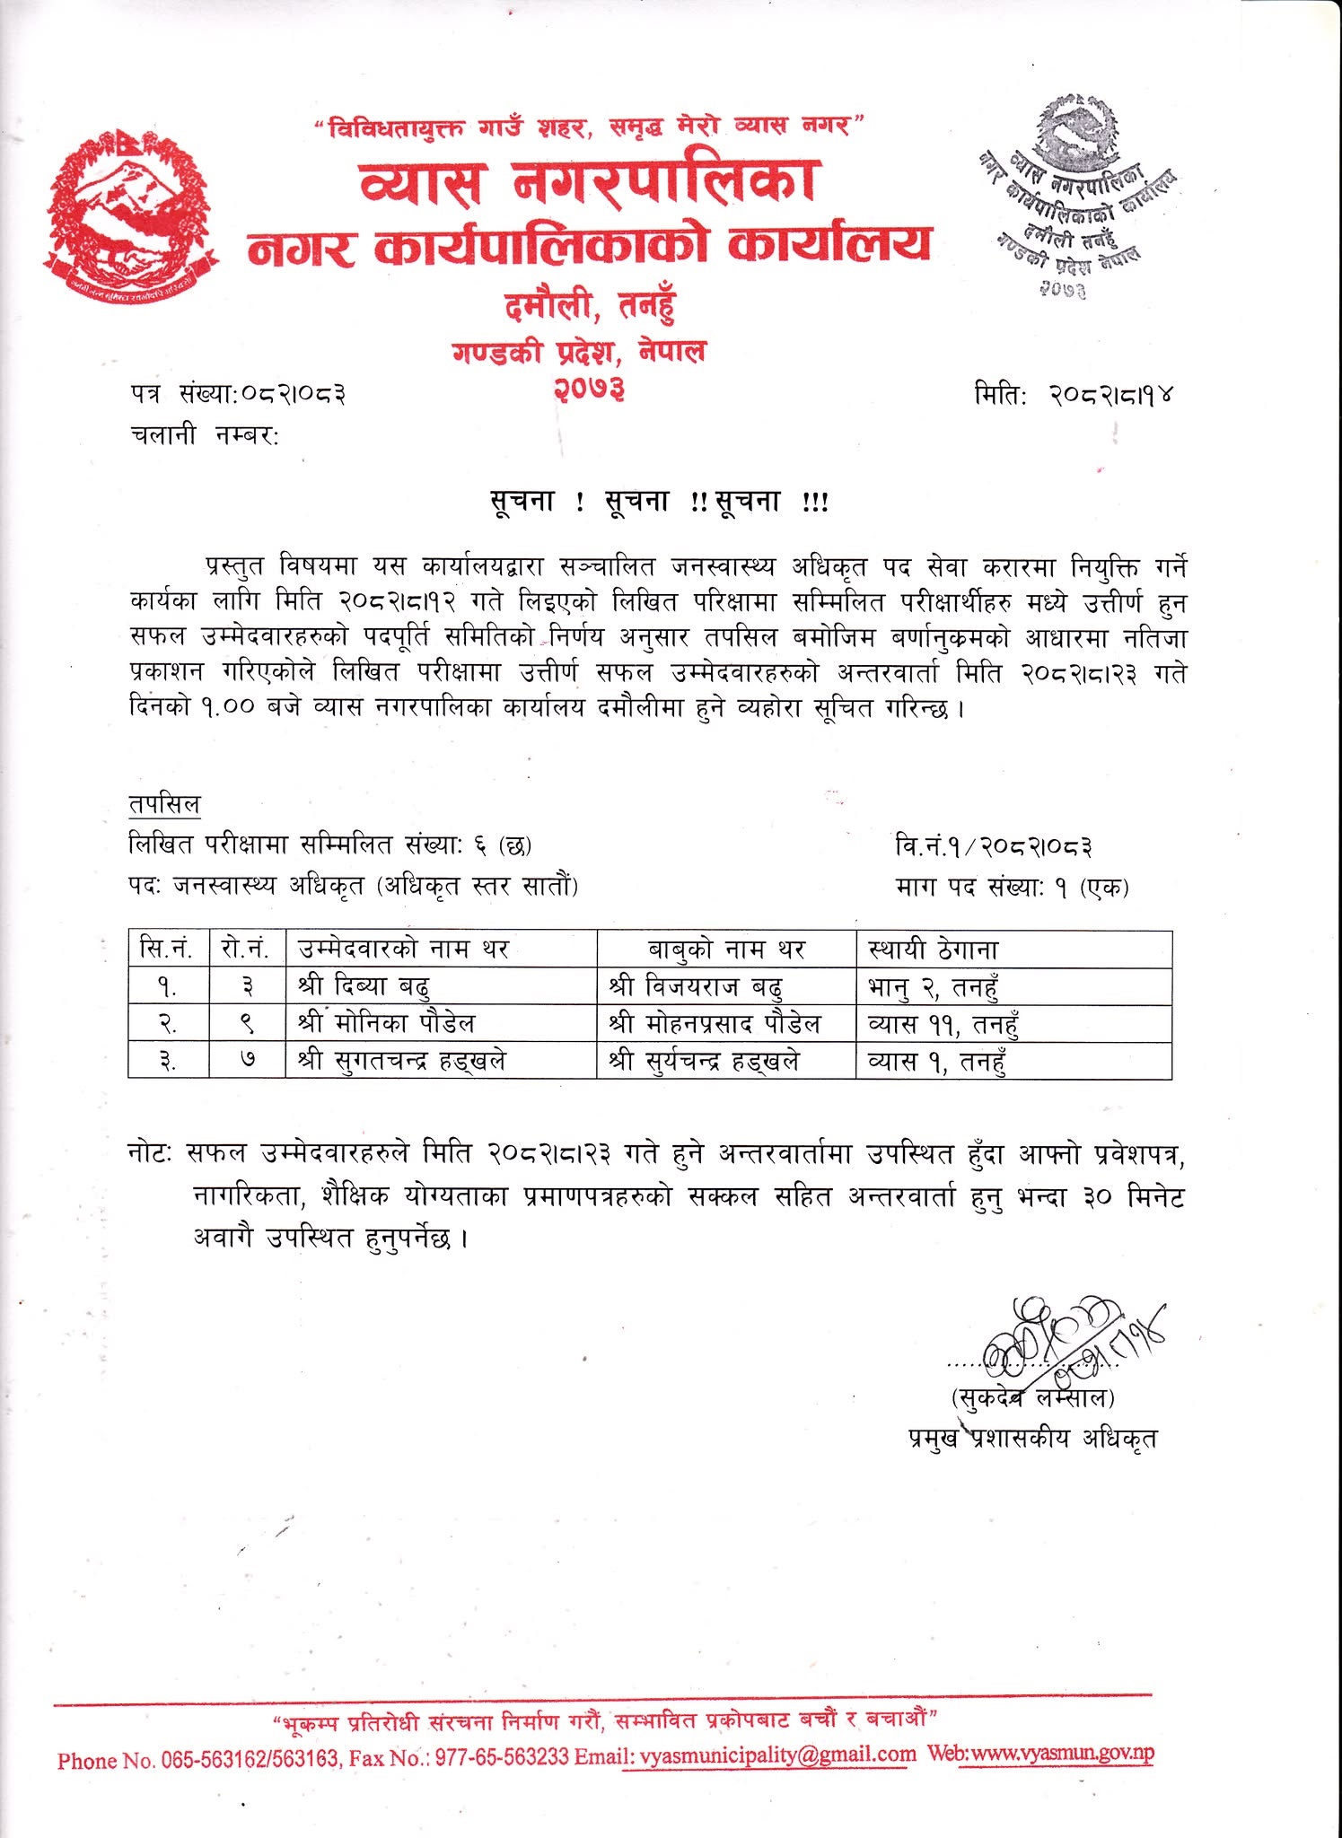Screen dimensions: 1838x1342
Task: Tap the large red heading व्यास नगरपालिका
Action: tap(587, 179)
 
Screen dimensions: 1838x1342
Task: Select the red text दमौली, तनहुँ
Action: tap(588, 307)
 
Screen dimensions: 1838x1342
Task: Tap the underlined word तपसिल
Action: tap(164, 803)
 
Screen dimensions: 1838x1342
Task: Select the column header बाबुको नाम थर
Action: tap(726, 949)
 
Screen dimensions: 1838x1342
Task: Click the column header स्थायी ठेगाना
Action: tap(934, 949)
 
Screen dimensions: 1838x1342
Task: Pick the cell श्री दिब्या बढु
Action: tap(364, 986)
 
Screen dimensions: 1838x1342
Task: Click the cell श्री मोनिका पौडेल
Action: tap(387, 1023)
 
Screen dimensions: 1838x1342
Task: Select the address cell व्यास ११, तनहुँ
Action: tap(943, 1023)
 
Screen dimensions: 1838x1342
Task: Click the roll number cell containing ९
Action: tap(248, 1023)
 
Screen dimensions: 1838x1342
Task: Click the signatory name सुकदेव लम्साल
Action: tap(1032, 1397)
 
